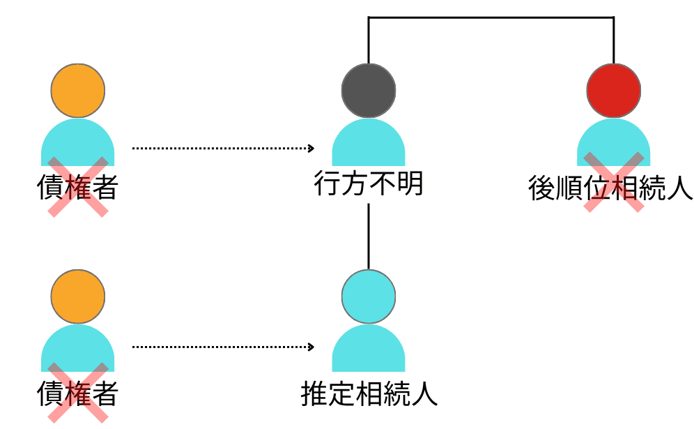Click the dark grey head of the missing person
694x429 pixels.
coord(369,91)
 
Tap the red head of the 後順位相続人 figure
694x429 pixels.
coord(613,91)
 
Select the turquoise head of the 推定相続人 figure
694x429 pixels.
coord(369,296)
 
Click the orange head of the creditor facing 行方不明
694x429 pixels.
coord(78,91)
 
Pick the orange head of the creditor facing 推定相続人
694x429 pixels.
coord(78,296)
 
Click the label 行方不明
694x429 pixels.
coord(369,184)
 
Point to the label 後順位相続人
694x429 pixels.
coord(610,188)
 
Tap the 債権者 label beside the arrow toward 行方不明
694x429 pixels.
coord(77,188)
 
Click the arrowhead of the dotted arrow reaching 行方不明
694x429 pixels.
coord(311,148)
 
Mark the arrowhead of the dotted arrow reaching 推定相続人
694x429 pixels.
coord(311,347)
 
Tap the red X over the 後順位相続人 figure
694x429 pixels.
coord(613,182)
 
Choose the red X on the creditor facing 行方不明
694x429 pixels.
coord(77,186)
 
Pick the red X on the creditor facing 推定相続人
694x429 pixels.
coord(77,392)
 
